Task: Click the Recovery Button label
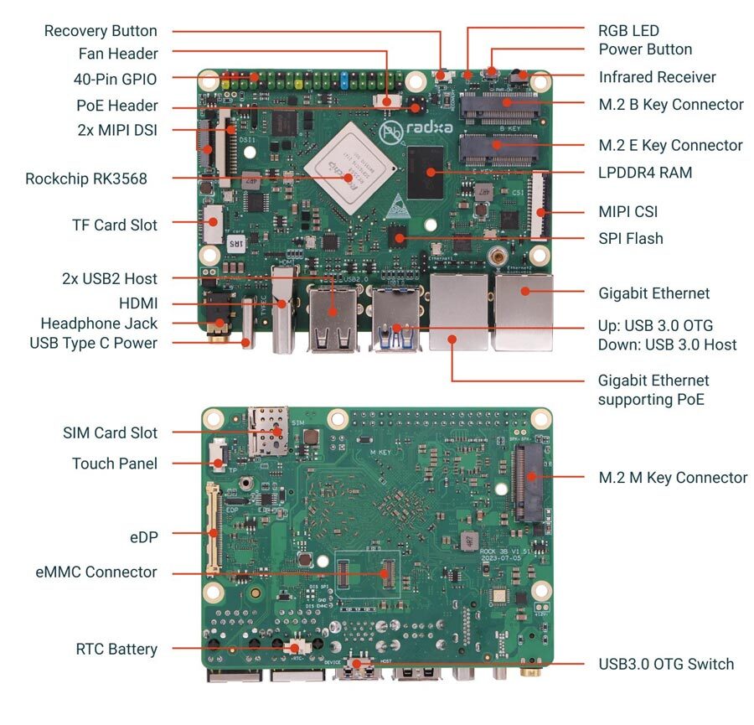101,31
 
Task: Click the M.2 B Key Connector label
671,105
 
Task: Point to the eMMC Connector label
96,572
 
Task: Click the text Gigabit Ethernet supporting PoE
653,390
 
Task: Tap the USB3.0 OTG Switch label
666,664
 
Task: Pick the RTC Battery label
116,649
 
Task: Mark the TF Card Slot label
115,225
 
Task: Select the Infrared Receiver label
658,77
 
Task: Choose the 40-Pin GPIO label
115,79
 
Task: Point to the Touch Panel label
115,463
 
